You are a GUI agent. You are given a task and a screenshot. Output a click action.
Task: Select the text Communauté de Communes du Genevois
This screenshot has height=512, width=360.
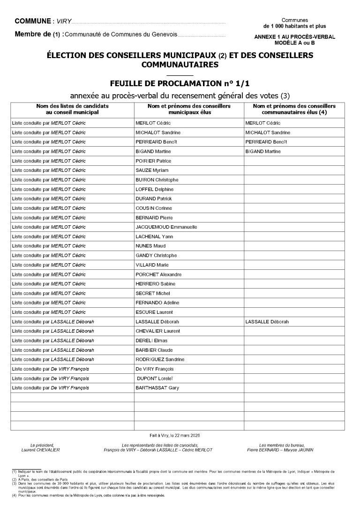tap(123, 35)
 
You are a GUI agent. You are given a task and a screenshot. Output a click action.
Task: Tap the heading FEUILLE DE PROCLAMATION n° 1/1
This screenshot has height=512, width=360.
tap(180, 83)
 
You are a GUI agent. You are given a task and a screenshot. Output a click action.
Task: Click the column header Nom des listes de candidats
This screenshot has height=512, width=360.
tap(73, 106)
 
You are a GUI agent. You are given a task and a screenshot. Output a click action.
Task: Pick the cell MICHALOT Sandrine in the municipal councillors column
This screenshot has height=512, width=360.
tap(158, 133)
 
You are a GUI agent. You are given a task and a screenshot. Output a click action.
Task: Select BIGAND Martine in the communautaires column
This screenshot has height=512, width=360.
tap(263, 151)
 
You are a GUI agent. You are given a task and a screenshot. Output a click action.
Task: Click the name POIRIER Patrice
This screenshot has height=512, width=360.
tap(153, 161)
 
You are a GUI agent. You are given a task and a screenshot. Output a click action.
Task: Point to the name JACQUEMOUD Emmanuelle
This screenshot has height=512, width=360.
tap(166, 227)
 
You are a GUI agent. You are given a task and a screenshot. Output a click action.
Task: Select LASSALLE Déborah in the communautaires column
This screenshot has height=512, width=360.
tap(267, 322)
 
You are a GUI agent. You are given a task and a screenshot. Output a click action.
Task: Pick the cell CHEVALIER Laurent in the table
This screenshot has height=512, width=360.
tap(157, 331)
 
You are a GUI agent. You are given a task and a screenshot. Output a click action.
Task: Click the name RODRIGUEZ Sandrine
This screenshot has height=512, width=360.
tap(160, 359)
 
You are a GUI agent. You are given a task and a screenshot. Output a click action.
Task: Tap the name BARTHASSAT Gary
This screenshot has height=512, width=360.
tap(157, 388)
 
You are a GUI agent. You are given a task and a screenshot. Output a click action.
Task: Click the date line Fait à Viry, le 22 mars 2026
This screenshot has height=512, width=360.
tap(180, 435)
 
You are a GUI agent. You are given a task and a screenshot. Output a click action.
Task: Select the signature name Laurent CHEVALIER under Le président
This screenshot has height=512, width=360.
tap(41, 450)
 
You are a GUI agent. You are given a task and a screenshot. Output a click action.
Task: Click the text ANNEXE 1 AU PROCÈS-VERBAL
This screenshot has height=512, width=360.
tap(295, 37)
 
